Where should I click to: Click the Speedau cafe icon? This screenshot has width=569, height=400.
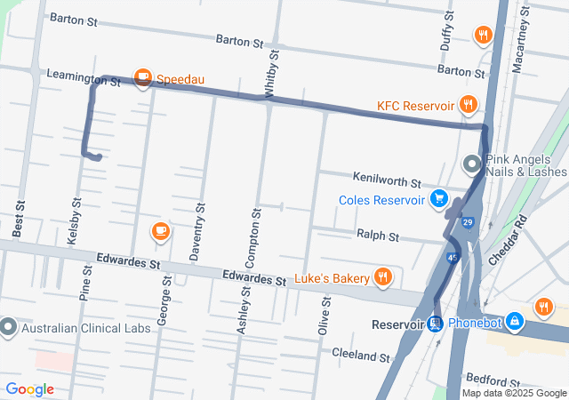click(142, 79)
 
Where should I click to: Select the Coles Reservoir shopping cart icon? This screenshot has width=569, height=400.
click(437, 199)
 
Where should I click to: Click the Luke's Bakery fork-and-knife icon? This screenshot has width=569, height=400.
click(383, 277)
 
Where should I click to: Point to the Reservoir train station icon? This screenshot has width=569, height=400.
click(435, 324)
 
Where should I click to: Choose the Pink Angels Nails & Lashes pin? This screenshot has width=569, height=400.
click(471, 164)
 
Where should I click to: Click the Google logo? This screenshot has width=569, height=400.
click(29, 389)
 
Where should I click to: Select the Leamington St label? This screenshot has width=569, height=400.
click(84, 80)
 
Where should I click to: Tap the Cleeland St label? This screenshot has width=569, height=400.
click(361, 356)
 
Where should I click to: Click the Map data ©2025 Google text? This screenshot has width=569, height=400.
click(514, 393)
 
